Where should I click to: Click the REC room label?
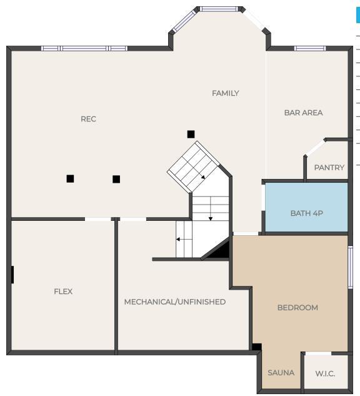tap(88, 119)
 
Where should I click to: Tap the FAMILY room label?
tap(225, 93)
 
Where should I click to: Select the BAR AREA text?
tap(304, 113)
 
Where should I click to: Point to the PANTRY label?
tap(329, 168)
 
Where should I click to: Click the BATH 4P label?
tap(306, 213)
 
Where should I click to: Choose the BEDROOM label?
tap(297, 308)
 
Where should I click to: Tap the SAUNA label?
tap(281, 373)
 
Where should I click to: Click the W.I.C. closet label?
tap(325, 373)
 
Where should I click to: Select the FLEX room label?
tap(63, 292)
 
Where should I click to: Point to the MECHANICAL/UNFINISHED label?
tap(175, 302)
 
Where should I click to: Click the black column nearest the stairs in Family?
tap(191, 135)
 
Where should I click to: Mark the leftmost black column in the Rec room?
tap(70, 179)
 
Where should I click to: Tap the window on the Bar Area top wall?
tap(310, 48)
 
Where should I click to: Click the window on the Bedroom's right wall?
tap(351, 267)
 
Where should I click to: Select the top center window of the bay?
tap(219, 9)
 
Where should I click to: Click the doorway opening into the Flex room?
tap(97, 219)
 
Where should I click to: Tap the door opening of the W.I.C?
tap(318, 353)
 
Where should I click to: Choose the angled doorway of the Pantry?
tap(315, 148)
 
